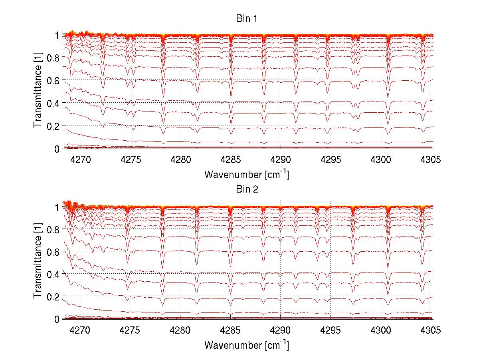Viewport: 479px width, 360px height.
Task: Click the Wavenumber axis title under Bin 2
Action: pyautogui.click(x=246, y=344)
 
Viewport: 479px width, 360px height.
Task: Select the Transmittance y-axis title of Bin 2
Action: pyautogui.click(x=38, y=262)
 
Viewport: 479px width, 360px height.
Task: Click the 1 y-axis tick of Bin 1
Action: pyautogui.click(x=57, y=36)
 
